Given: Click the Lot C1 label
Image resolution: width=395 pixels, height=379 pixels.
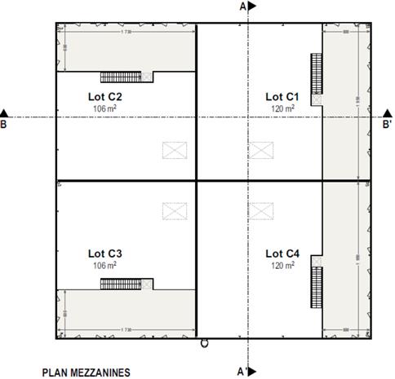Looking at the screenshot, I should click(282, 96).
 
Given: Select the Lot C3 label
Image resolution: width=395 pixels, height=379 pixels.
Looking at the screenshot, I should click(104, 253).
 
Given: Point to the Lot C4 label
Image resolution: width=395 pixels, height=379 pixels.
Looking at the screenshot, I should click(282, 253).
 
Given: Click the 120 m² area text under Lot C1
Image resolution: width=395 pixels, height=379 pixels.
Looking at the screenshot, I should click(282, 108).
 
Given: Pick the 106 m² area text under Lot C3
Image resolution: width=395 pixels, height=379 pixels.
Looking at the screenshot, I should click(104, 264).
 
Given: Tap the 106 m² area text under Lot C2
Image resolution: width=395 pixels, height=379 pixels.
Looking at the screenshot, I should click(104, 108).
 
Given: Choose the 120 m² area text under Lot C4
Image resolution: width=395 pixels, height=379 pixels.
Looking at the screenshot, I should click(282, 265).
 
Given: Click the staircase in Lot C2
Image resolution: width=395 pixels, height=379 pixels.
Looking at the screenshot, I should click(122, 77).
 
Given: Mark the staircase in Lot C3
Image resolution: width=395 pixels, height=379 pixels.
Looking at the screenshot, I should click(122, 284).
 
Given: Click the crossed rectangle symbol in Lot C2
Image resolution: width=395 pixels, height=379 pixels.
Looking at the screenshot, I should click(174, 149).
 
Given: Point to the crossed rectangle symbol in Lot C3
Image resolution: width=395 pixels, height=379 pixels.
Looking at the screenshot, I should click(174, 210).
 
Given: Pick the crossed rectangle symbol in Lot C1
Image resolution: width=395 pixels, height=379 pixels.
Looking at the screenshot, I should click(260, 149).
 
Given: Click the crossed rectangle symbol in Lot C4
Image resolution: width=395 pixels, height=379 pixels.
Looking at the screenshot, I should click(260, 210).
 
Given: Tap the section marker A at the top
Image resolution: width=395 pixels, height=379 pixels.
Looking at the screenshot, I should click(247, 7).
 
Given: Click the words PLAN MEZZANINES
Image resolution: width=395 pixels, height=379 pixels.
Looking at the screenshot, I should click(86, 372).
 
